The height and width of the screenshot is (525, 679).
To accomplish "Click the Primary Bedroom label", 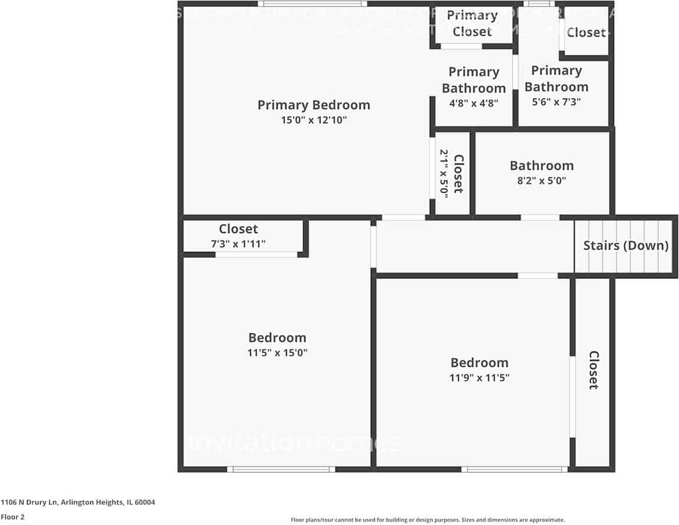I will tap(314, 105).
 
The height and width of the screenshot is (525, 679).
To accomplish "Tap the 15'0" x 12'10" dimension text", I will tap(314, 120).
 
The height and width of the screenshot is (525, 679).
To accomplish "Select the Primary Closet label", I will tap(472, 24).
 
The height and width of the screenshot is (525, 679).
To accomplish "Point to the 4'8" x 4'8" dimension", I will tap(474, 103).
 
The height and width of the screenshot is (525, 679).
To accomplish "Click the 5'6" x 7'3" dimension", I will tap(556, 101).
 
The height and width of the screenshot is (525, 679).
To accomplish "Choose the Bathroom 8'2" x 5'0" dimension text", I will tap(542, 181).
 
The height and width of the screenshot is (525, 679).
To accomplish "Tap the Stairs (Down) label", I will tap(626, 245).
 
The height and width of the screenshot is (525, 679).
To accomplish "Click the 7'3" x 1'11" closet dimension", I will tap(239, 244).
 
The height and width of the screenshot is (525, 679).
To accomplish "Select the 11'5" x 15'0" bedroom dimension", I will tap(278, 353).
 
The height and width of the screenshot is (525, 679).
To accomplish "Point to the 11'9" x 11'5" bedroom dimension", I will tap(479, 378).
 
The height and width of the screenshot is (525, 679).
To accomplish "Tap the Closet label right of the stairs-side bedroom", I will tap(594, 370).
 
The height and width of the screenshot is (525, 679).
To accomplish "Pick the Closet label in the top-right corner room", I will tap(586, 32).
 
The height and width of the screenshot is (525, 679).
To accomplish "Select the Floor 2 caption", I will tap(12, 517).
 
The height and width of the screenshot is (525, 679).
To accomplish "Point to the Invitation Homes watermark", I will tap(295, 442).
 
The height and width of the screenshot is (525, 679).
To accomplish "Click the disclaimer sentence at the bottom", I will tap(427, 520).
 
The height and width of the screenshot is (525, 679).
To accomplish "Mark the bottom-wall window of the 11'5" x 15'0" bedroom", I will tap(281, 470).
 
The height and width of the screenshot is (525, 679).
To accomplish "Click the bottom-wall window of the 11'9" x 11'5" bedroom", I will tap(515, 470).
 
